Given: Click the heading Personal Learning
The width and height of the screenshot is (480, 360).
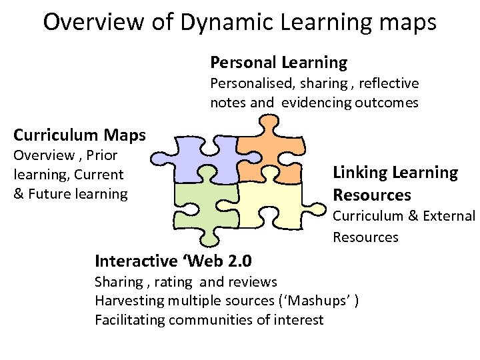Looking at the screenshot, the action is pyautogui.click(x=279, y=63).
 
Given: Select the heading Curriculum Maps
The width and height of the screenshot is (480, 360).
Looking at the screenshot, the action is pyautogui.click(x=79, y=135).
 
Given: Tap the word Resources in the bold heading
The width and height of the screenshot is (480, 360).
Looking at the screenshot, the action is pyautogui.click(x=372, y=195).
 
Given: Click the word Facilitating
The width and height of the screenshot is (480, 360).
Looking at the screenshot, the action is pyautogui.click(x=130, y=320).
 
